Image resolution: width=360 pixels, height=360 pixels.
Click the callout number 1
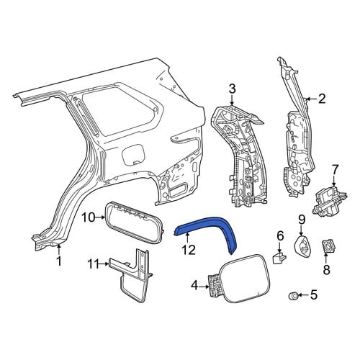[x=59, y=261]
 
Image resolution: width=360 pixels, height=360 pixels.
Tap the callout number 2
[x=322, y=99]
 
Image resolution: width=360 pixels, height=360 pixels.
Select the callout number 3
[x=232, y=89]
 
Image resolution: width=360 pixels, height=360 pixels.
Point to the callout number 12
[x=189, y=250]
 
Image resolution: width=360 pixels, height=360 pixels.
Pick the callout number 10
[x=89, y=218]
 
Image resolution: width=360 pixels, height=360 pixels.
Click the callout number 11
[x=94, y=264]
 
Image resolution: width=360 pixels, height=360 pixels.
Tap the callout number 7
[x=335, y=170]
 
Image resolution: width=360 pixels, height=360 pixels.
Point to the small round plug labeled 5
[x=292, y=296]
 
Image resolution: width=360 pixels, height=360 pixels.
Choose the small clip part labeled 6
[x=279, y=258]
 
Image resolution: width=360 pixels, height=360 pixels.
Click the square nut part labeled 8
[x=328, y=247]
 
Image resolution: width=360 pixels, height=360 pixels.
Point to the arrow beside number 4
[x=204, y=286]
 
